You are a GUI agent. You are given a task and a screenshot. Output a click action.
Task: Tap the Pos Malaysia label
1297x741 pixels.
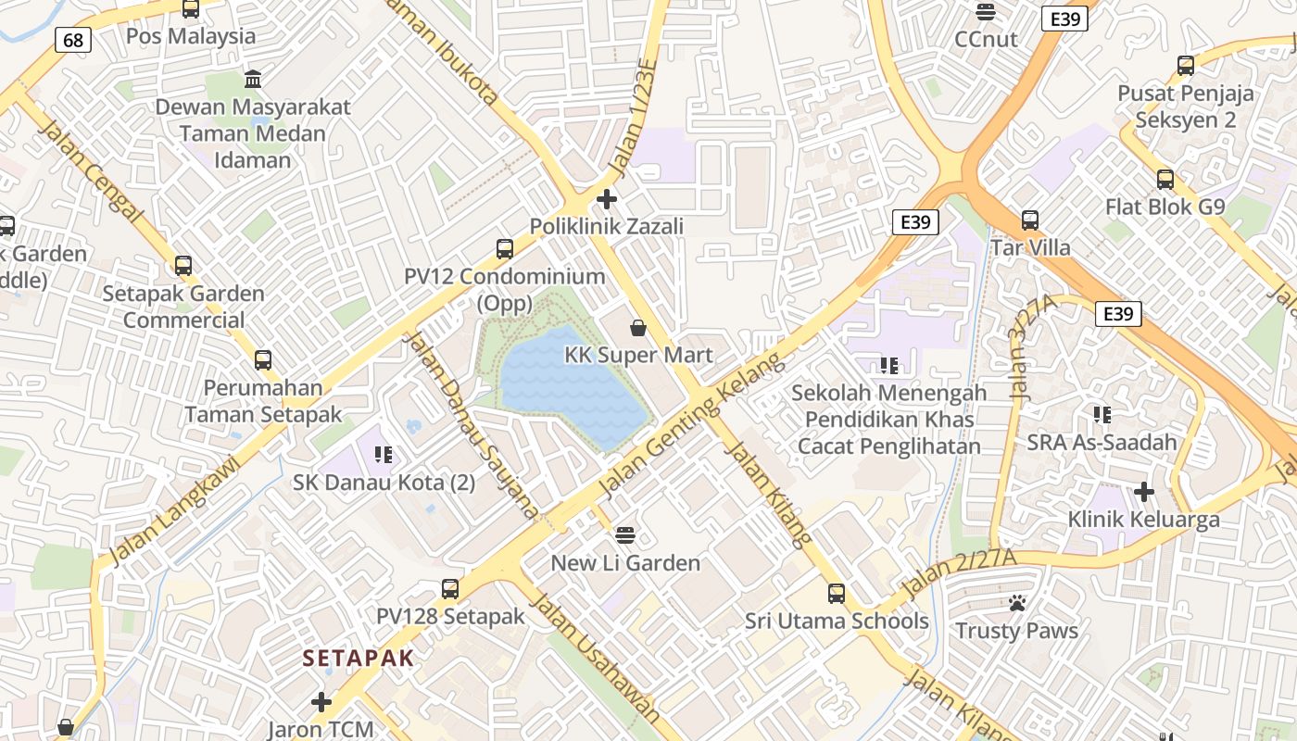191,36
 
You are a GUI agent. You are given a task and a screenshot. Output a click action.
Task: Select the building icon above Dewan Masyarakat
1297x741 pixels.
253,79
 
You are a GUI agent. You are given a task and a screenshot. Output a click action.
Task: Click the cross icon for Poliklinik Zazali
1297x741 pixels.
607,199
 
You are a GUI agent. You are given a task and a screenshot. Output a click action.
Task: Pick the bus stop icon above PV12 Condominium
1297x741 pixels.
505,248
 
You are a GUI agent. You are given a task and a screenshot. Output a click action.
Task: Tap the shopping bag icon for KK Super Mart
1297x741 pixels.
638,328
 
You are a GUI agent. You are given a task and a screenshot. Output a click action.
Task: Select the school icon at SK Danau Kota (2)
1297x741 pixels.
384,454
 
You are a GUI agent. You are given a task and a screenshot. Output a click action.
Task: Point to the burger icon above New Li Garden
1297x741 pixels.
626,534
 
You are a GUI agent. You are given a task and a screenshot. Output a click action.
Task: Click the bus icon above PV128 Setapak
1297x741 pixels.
450,588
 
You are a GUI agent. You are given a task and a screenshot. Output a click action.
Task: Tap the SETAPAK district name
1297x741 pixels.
358,658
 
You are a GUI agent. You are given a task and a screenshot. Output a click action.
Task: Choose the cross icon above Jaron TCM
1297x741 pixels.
321,702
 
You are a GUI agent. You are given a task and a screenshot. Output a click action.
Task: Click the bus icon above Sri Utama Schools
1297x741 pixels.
837,593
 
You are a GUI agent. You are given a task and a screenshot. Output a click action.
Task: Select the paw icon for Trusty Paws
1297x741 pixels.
1017,603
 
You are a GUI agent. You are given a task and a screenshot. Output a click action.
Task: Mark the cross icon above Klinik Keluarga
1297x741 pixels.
1144,491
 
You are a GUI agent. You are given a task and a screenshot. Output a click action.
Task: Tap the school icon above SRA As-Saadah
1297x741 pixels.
1102,414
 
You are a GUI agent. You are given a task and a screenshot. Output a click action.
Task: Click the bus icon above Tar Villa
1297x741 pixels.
1030,220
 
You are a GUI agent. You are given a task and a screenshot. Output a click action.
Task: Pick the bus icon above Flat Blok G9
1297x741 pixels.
1165,179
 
